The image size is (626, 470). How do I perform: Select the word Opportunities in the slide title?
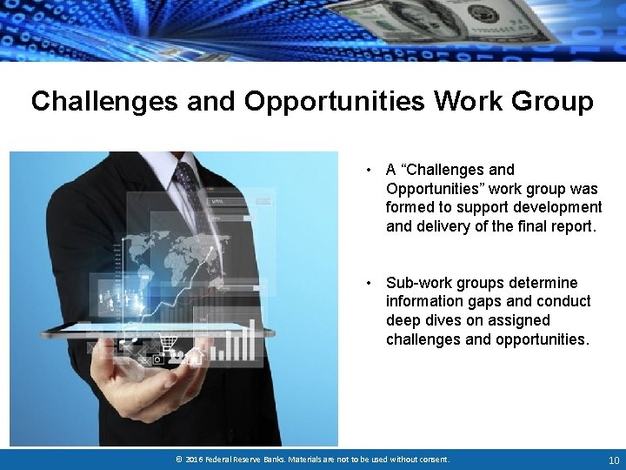(x=334, y=102)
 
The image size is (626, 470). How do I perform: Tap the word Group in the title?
(x=552, y=102)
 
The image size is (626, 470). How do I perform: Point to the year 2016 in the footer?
(x=196, y=460)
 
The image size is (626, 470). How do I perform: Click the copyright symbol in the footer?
(x=178, y=460)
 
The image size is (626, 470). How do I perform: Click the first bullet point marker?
(x=370, y=170)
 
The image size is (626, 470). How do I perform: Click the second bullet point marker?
(x=370, y=283)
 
